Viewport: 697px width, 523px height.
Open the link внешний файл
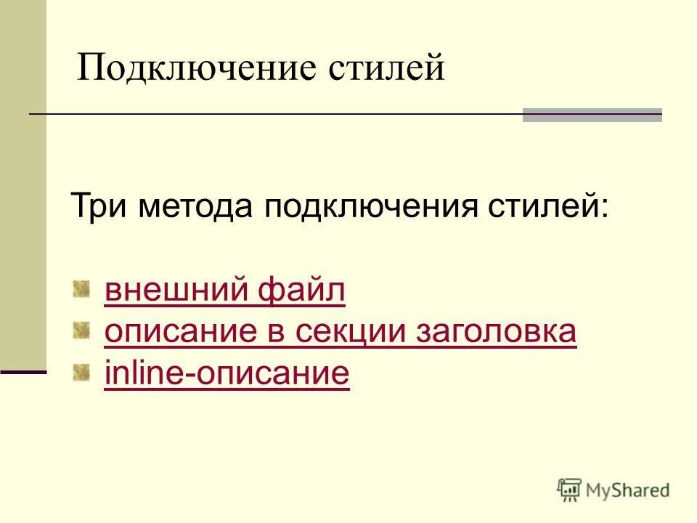224,291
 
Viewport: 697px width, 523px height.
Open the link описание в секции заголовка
341,332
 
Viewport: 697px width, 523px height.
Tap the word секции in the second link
363,332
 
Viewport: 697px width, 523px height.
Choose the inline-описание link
227,374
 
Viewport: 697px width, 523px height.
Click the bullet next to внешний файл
81,290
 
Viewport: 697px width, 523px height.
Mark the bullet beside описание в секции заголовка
81,331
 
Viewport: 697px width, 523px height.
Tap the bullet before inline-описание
81,373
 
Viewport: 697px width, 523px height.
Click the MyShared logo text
629,490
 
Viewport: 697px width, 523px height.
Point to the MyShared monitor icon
569,490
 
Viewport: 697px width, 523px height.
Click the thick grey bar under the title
592,115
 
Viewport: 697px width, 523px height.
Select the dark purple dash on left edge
23,372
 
